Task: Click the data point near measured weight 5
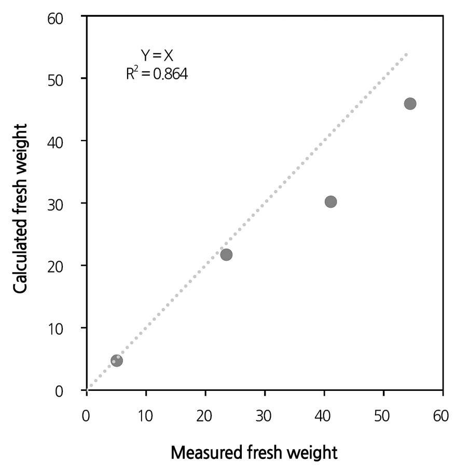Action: click(x=117, y=360)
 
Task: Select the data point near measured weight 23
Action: click(x=226, y=254)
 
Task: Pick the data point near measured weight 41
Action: click(x=330, y=201)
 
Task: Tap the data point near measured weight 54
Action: click(x=410, y=103)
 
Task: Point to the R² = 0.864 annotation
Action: click(x=157, y=74)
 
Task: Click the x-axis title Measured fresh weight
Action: click(x=254, y=453)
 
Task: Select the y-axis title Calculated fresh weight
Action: click(x=21, y=208)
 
